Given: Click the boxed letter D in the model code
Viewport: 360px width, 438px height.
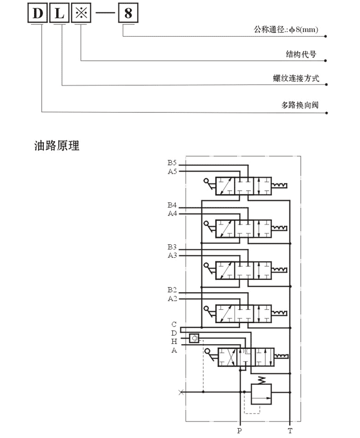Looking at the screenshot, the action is (38, 13).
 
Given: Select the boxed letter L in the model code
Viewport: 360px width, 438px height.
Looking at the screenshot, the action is (59, 13).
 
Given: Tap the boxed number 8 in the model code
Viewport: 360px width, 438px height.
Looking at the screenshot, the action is (128, 13).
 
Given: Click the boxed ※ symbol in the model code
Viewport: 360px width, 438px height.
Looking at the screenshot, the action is (81, 13).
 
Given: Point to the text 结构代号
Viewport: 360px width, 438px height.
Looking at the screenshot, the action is (301, 54).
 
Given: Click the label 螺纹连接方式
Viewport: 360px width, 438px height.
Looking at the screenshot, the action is (296, 78).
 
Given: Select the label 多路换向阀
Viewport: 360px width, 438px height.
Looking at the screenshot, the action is (300, 105).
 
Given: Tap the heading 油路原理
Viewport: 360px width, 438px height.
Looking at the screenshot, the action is (57, 145).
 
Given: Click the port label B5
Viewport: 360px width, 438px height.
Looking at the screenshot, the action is (172, 162).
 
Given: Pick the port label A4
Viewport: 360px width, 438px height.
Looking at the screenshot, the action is (172, 214).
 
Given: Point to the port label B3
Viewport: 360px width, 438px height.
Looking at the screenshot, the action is (172, 247).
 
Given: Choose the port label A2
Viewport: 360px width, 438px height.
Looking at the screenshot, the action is (172, 298).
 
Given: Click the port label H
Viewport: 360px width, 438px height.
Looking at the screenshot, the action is (174, 341).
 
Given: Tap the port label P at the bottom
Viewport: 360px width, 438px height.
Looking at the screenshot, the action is (239, 430).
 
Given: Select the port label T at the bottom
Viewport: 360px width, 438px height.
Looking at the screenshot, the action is (290, 431).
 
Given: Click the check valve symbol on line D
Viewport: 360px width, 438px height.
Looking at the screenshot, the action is (194, 338).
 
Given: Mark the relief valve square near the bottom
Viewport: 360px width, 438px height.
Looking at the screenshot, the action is (261, 394).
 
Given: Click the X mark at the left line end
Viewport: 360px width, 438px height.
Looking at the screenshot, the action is (181, 392).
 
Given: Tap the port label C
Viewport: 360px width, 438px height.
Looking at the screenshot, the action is (174, 324).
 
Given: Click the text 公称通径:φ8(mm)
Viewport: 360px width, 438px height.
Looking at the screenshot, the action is (286, 29).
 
